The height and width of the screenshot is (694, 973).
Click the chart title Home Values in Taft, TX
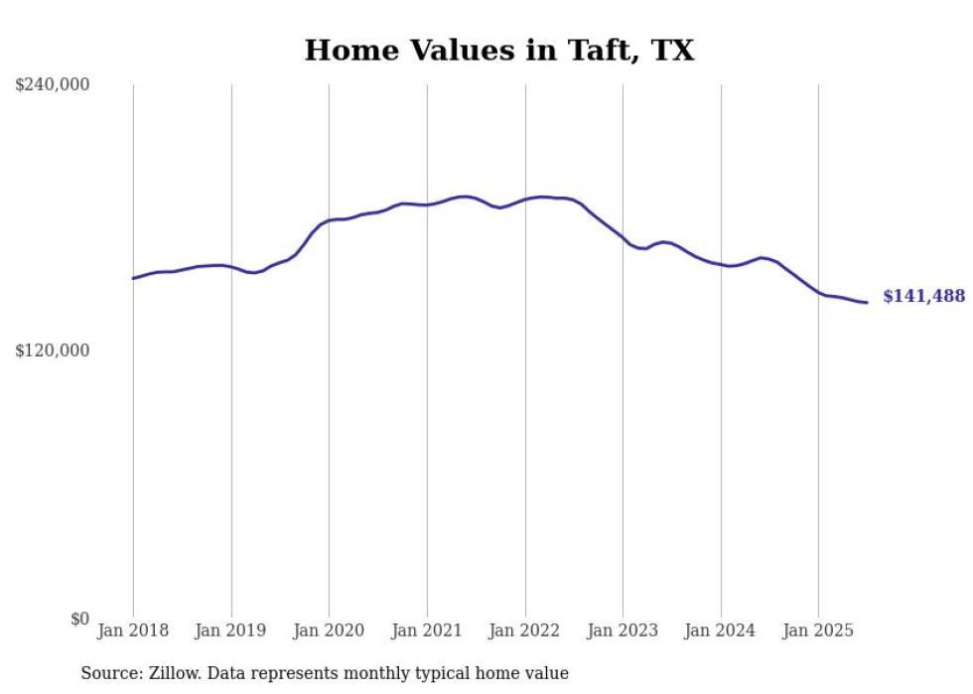click(x=498, y=51)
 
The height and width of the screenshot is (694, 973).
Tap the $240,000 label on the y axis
click(x=53, y=84)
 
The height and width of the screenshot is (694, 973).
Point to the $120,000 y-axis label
click(x=53, y=350)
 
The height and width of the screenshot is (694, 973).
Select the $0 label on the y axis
click(x=79, y=619)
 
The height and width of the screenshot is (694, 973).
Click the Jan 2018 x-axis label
click(x=133, y=630)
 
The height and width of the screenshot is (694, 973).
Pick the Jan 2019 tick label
click(x=231, y=630)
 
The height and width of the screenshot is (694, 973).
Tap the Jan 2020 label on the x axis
click(x=329, y=630)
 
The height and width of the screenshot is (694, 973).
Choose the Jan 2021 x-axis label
click(x=427, y=630)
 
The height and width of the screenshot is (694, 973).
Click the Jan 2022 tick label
click(x=525, y=630)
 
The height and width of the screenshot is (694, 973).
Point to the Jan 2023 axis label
click(x=623, y=630)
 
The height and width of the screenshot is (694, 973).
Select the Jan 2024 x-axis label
click(x=721, y=630)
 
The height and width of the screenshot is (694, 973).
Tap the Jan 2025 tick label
click(x=818, y=630)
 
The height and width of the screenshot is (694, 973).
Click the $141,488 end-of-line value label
click(x=923, y=296)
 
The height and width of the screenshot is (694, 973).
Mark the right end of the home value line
click(x=867, y=302)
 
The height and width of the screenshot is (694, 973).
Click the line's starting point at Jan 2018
click(x=133, y=278)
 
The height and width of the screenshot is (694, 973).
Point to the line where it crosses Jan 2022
click(x=525, y=199)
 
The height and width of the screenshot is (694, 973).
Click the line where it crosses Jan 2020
click(x=329, y=220)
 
